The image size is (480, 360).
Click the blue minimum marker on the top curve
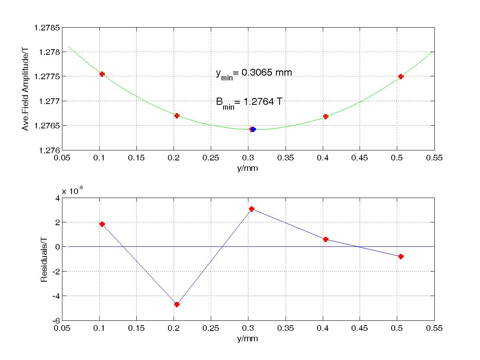click(253, 129)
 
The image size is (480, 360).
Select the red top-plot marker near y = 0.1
click(102, 74)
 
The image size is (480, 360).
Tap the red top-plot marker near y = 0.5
click(401, 76)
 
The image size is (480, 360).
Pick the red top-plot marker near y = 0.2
click(177, 116)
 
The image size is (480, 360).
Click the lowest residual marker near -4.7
click(177, 304)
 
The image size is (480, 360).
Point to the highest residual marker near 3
click(252, 209)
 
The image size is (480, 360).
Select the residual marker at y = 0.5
click(401, 256)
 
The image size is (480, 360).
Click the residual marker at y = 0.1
click(102, 224)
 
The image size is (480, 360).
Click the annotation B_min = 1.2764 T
click(249, 102)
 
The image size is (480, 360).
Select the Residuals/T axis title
click(44, 260)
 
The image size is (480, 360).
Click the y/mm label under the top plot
click(248, 168)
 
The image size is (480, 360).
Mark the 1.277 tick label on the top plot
click(52, 101)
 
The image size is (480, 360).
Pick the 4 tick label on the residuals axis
click(58, 198)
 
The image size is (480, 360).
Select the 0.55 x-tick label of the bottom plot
click(434, 328)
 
